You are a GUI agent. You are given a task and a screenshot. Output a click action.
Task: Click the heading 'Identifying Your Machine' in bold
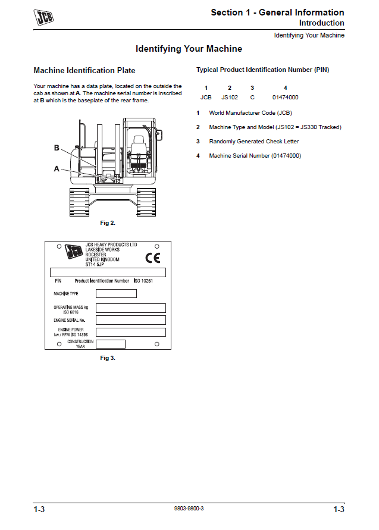189,49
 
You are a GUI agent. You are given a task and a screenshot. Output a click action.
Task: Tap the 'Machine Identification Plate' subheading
84,71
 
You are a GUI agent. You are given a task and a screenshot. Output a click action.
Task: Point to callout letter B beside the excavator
57,148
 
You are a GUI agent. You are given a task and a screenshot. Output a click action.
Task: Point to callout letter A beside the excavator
57,169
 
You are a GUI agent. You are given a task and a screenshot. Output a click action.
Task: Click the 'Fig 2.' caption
108,223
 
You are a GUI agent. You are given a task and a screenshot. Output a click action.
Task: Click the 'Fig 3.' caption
108,358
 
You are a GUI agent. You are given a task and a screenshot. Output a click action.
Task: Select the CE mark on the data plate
153,258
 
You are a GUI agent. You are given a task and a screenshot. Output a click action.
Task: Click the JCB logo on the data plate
74,252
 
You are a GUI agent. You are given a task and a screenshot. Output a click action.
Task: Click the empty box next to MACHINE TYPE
116,293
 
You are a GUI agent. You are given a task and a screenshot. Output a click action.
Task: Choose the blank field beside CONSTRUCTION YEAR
110,344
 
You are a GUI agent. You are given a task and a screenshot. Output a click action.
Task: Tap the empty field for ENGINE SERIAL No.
130,320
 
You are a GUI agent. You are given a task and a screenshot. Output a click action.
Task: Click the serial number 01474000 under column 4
286,97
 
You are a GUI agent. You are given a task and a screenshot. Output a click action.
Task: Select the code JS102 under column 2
230,97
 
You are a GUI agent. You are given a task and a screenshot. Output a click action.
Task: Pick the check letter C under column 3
252,97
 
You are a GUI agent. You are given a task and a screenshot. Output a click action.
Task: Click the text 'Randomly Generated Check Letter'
254,142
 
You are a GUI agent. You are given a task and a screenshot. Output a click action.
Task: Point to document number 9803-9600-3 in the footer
189,509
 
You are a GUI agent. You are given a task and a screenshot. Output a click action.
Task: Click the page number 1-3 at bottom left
39,509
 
